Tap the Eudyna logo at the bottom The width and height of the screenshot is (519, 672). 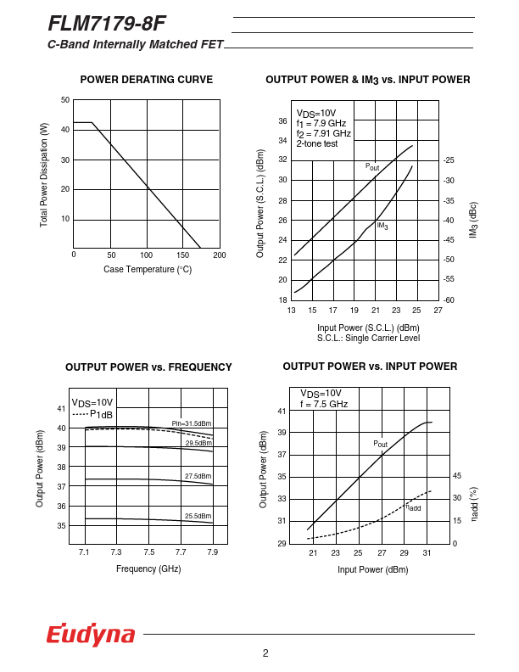pyautogui.click(x=91, y=635)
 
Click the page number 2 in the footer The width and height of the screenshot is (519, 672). pyautogui.click(x=265, y=652)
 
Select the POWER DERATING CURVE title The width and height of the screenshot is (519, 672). pyautogui.click(x=146, y=80)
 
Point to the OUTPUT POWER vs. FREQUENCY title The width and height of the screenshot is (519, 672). pyautogui.click(x=148, y=367)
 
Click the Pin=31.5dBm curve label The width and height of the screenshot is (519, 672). pyautogui.click(x=192, y=423)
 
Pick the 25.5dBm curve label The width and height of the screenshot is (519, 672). pyautogui.click(x=198, y=516)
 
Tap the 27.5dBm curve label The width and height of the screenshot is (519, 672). pyautogui.click(x=198, y=477)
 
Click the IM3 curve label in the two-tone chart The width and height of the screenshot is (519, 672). pyautogui.click(x=382, y=226)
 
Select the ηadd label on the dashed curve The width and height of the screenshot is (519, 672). pyautogui.click(x=412, y=507)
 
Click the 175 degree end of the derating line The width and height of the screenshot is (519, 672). pyautogui.click(x=201, y=248)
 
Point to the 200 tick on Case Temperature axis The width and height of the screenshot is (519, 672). pyautogui.click(x=220, y=255)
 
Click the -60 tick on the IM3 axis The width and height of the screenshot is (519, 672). pyautogui.click(x=449, y=300)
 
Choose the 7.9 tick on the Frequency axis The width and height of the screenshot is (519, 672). pyautogui.click(x=212, y=552)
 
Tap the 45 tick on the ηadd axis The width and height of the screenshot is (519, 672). pyautogui.click(x=457, y=476)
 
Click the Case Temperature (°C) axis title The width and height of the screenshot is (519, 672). pyautogui.click(x=148, y=270)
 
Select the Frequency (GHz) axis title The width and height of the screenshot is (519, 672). pyautogui.click(x=148, y=568)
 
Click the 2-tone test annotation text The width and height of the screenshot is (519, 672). pyautogui.click(x=316, y=144)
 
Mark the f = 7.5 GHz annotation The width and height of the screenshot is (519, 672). pyautogui.click(x=324, y=405)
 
